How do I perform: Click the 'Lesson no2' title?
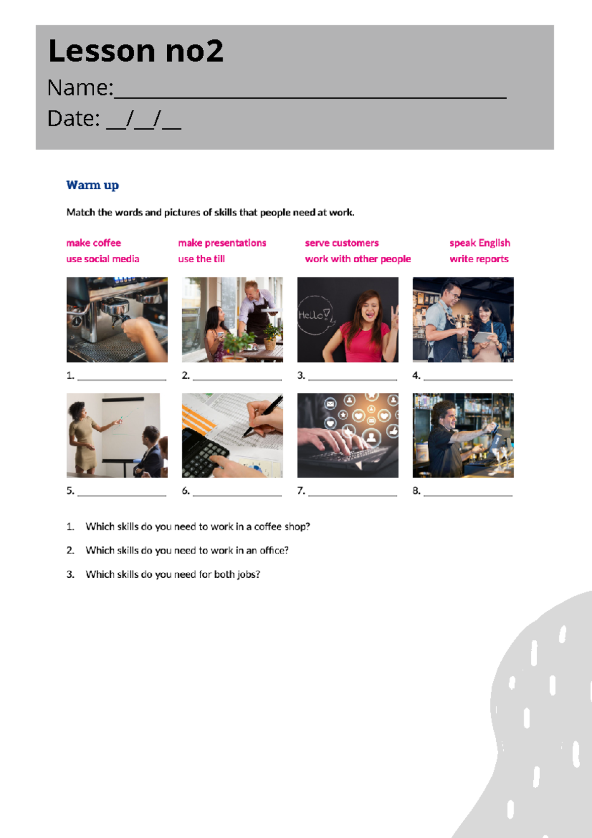(x=136, y=51)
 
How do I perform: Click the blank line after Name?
(x=310, y=97)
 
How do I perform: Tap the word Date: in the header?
(x=74, y=118)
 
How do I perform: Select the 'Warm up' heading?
(x=92, y=185)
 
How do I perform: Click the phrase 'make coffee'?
(x=94, y=243)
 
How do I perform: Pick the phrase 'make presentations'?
(x=222, y=243)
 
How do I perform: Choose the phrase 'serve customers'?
(x=342, y=243)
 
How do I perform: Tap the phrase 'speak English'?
(x=480, y=243)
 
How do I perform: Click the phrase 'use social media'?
(x=103, y=259)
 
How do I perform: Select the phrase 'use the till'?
(x=201, y=259)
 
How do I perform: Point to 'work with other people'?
(x=358, y=259)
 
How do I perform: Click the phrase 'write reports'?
(x=479, y=259)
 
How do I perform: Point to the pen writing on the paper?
(x=262, y=417)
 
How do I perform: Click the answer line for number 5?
(x=122, y=495)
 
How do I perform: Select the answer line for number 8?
(x=468, y=495)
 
